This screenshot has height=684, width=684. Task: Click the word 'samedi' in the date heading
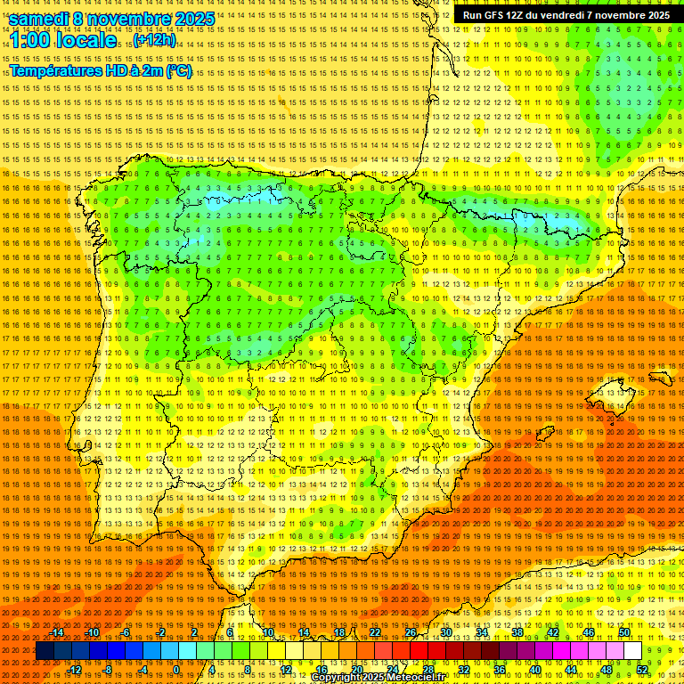click(x=39, y=19)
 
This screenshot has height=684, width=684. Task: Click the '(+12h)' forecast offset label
click(x=154, y=40)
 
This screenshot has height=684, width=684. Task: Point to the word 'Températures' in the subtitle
click(x=54, y=71)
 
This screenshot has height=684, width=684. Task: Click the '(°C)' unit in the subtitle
click(x=178, y=71)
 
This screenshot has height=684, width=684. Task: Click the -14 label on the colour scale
click(x=58, y=632)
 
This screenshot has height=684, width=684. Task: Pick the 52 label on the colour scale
click(x=642, y=670)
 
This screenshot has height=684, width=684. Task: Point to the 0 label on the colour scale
click(x=176, y=670)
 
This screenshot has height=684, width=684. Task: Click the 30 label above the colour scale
click(x=445, y=632)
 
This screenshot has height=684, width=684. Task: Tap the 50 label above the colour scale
click(x=624, y=632)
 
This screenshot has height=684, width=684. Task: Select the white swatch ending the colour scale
click(x=633, y=651)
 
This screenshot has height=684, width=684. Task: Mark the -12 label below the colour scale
click(x=76, y=670)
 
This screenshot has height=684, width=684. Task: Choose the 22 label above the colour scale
click(x=374, y=632)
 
